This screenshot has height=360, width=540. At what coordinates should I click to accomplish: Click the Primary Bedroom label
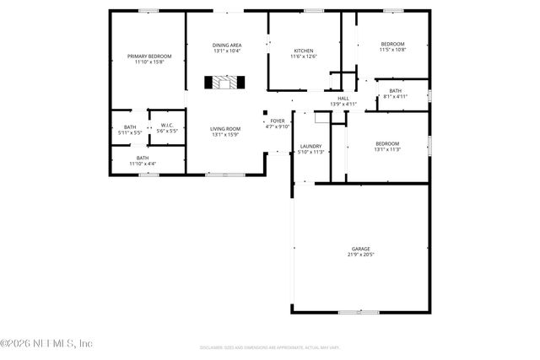pyautogui.click(x=143, y=56)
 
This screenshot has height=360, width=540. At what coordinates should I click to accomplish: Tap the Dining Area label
pyautogui.click(x=227, y=45)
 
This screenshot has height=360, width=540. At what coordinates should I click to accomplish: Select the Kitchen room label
pyautogui.click(x=303, y=50)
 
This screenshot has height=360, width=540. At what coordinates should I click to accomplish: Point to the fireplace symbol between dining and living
pyautogui.click(x=226, y=83)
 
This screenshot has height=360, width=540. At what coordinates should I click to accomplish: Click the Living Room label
pyautogui.click(x=225, y=129)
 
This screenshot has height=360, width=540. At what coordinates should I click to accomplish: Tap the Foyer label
pyautogui.click(x=277, y=121)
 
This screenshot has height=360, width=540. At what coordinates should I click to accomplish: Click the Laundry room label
pyautogui.click(x=311, y=147)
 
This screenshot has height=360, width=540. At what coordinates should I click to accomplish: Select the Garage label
pyautogui.click(x=361, y=249)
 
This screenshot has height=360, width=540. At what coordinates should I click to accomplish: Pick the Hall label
pyautogui.click(x=343, y=98)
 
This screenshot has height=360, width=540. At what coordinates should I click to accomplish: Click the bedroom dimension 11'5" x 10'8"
pyautogui.click(x=392, y=50)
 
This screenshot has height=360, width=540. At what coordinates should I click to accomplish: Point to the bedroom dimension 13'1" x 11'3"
pyautogui.click(x=387, y=149)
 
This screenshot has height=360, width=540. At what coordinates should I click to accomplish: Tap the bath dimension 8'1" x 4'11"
pyautogui.click(x=395, y=97)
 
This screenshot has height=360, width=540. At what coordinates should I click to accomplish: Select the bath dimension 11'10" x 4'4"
pyautogui.click(x=143, y=163)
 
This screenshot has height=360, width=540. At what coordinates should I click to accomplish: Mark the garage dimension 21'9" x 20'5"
pyautogui.click(x=361, y=255)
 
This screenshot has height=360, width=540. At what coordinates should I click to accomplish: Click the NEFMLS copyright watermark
pyautogui.click(x=46, y=343)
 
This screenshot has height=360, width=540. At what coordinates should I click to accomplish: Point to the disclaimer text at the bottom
pyautogui.click(x=269, y=347)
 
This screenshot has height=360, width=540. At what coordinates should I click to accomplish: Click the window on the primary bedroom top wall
pyautogui.click(x=148, y=11)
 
